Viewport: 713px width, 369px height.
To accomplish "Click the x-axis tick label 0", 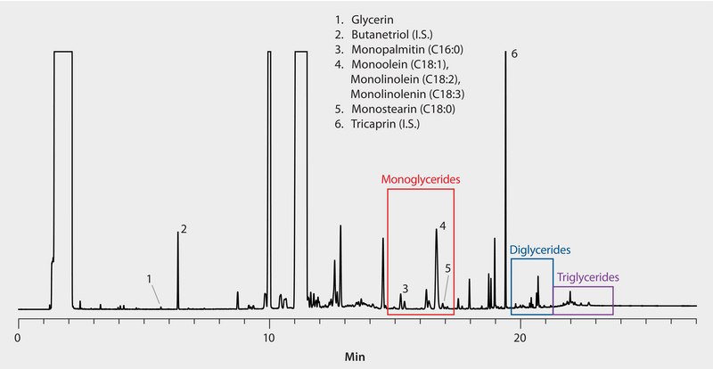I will pos(19,339).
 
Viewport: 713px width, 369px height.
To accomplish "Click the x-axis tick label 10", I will pos(269,339).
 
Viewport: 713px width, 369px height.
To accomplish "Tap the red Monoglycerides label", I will pos(421,179).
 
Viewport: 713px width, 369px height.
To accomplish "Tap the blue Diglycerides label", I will pos(539,250).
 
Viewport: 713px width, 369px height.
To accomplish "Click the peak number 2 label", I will pos(184,229).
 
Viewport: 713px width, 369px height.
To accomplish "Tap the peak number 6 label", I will pos(514,54).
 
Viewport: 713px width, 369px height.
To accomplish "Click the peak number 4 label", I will pos(442,226).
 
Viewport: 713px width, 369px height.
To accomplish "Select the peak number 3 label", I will pos(405,289).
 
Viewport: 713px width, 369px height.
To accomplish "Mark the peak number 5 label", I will pos(448,267).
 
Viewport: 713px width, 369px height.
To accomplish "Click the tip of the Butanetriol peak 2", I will pos(177,234).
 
